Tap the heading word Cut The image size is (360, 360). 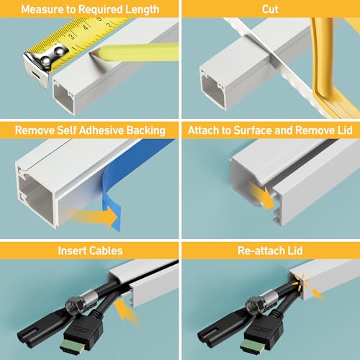pos(270,9)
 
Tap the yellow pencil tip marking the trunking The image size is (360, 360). pos(96,52)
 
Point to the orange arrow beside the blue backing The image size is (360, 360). pos(92,217)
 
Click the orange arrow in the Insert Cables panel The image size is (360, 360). pos(126,312)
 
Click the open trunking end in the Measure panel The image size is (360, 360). pos(63,96)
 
